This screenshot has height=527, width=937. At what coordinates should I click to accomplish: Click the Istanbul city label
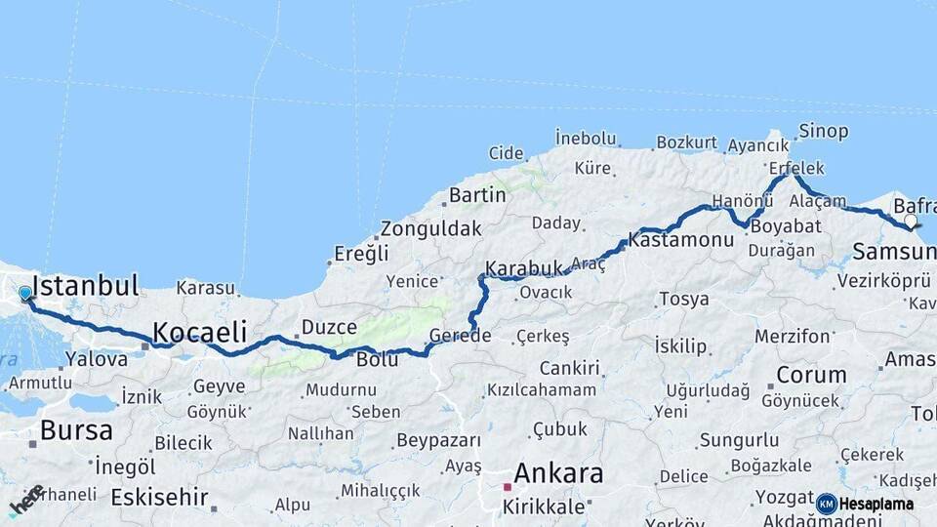coord(85,286)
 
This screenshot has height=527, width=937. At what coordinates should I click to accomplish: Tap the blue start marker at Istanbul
coord(25,293)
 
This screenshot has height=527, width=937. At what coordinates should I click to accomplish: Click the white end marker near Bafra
coord(911,222)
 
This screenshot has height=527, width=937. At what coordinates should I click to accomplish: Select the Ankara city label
coord(557,474)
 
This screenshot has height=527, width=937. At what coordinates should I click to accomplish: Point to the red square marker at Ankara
coord(507,486)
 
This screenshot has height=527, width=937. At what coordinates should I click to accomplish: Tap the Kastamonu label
coord(680,239)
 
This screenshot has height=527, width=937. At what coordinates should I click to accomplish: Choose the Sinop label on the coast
coord(824,131)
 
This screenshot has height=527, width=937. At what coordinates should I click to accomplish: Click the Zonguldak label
coord(431,229)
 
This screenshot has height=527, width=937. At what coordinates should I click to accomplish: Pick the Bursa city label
coord(76,430)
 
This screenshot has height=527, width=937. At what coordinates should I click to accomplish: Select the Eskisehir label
coord(159,498)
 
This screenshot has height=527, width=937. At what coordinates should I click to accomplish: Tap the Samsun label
coord(893,253)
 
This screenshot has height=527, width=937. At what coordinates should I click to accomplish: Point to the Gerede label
coord(460,336)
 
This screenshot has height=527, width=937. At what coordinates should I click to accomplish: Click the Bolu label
coord(378,359)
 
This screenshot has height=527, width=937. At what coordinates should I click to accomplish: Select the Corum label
coord(811,375)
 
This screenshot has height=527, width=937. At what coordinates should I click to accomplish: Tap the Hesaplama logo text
coord(876,505)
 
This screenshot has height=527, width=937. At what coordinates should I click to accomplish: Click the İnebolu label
coord(586,137)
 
